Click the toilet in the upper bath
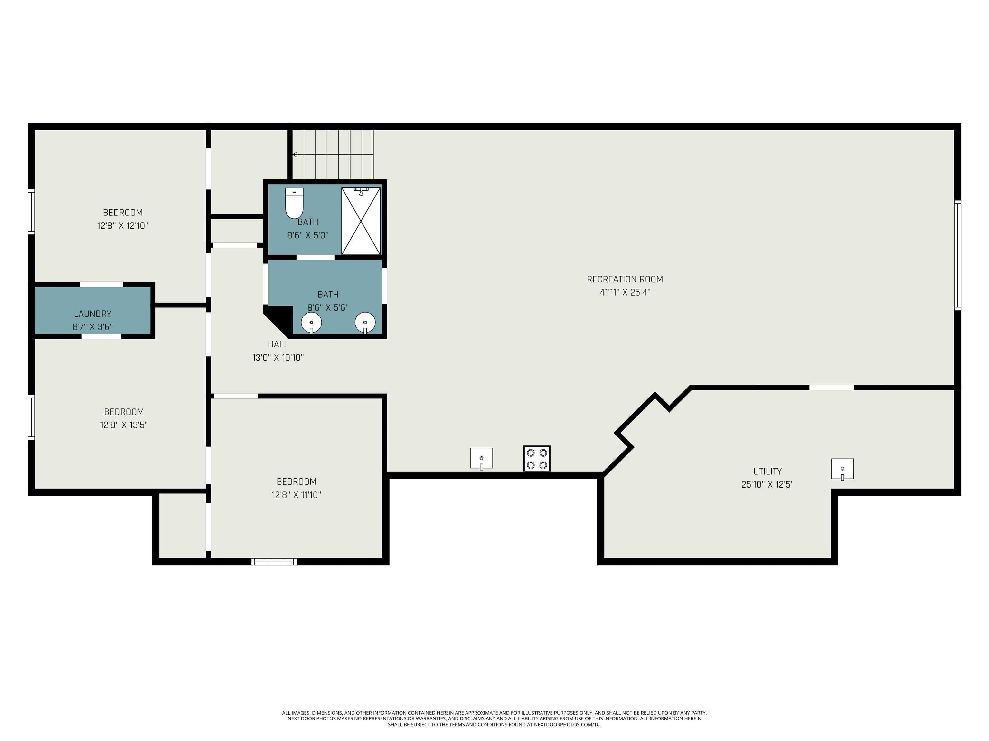pos(294,203)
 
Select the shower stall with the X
pos(361,221)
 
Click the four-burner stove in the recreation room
pos(537,459)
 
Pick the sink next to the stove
pos(482,458)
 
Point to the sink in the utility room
pos(842,469)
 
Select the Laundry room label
pos(92,314)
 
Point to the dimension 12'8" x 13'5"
pos(124,425)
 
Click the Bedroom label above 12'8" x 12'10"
pos(123,213)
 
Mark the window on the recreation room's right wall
pos(957,255)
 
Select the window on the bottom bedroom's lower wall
pos(274,562)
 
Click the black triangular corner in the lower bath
pos(276,317)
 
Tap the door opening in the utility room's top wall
pos(831,387)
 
